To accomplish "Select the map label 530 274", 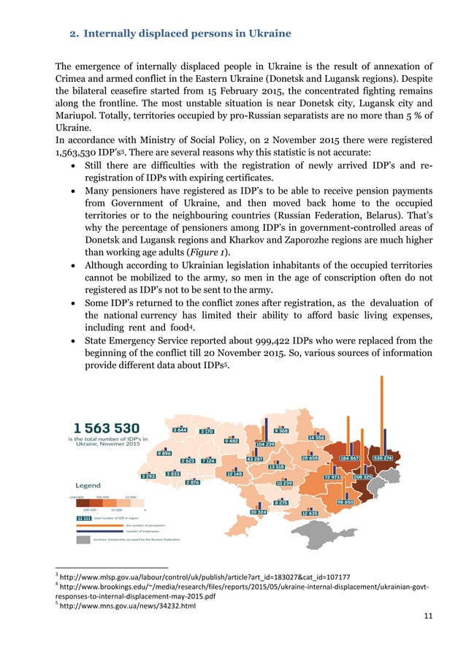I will tap(383, 458).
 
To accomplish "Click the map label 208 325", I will tap(363, 476).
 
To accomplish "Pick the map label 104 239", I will tap(264, 444).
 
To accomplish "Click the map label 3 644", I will tap(180, 430).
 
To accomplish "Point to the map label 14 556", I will tap(316, 437).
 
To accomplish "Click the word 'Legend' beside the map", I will tap(93, 485).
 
